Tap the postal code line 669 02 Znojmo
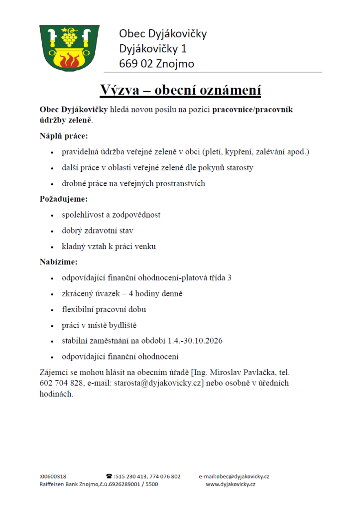point(156,64)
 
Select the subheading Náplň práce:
point(64,135)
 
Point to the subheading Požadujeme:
point(63,199)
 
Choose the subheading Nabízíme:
point(59,261)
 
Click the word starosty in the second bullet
point(239,167)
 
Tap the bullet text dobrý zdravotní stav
point(98,231)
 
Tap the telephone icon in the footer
point(109,476)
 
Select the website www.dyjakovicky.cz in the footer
point(231,484)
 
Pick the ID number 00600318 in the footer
point(54,476)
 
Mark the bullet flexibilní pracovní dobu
point(104,309)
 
